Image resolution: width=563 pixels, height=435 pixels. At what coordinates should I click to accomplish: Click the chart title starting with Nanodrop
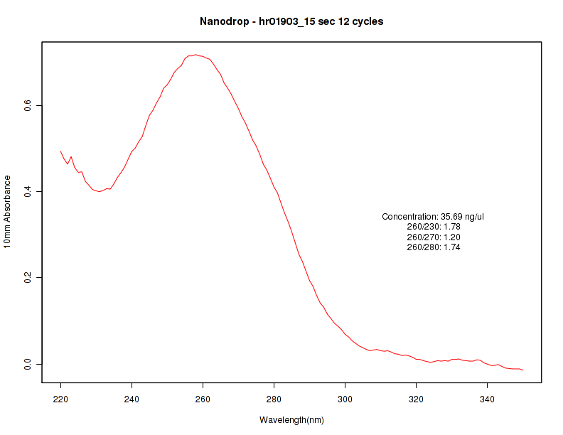(x=291, y=21)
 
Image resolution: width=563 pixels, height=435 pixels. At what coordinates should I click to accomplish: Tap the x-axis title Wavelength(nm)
(x=291, y=420)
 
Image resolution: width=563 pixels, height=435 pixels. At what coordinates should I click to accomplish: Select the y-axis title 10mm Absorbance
(x=8, y=211)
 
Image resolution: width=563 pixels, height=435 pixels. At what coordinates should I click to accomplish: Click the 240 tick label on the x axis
(x=132, y=399)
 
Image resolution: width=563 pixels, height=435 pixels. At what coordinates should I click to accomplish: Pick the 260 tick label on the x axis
(x=203, y=399)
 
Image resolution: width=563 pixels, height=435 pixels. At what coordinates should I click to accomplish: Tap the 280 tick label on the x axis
(x=274, y=399)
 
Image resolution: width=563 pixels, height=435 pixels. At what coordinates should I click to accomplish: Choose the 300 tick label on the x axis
(x=345, y=399)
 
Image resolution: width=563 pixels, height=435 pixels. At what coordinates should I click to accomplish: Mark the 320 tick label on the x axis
(x=417, y=399)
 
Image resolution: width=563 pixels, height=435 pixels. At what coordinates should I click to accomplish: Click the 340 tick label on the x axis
(x=488, y=399)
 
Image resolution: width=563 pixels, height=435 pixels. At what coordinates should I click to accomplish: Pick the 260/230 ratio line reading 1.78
(x=434, y=227)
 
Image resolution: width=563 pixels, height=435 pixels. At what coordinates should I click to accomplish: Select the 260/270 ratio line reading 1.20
(x=434, y=237)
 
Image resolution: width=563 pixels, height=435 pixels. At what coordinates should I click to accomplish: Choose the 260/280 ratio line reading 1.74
(x=434, y=247)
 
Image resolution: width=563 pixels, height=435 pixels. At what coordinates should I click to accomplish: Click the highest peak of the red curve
(x=195, y=55)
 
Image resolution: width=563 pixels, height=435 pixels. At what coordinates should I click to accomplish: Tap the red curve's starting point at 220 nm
(x=61, y=151)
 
